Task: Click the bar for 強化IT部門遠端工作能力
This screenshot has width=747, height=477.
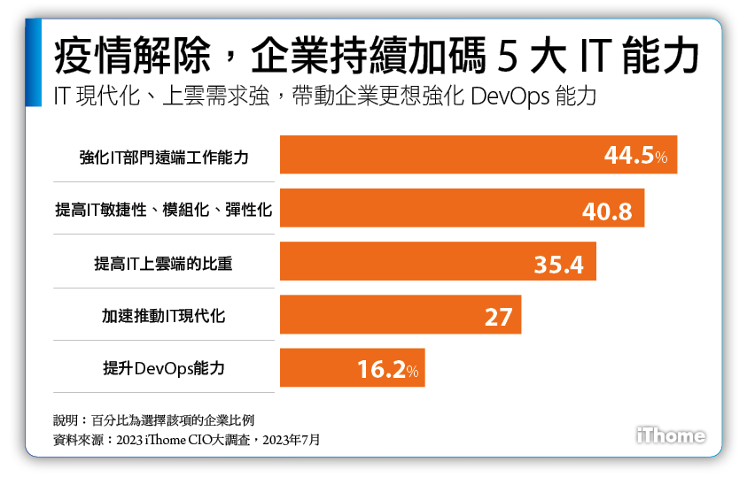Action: [479, 155]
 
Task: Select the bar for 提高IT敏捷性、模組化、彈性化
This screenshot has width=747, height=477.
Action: [462, 208]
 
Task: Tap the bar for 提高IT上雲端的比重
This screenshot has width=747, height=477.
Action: [438, 261]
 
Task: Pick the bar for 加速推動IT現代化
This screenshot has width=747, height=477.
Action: [400, 314]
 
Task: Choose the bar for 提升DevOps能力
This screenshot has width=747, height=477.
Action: [352, 368]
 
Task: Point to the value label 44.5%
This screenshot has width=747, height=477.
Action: [641, 157]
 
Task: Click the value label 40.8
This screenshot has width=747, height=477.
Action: [607, 212]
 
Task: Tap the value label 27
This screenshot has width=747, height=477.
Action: [498, 316]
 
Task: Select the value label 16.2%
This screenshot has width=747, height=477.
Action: [387, 370]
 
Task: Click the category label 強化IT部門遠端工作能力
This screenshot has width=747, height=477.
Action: [164, 157]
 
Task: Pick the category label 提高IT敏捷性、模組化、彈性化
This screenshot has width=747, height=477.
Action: [163, 210]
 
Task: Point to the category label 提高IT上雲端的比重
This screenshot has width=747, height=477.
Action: [163, 263]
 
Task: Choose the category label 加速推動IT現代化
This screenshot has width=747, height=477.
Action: [163, 316]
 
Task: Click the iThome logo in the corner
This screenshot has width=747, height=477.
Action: [671, 435]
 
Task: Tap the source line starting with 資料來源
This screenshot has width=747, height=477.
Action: [186, 439]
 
